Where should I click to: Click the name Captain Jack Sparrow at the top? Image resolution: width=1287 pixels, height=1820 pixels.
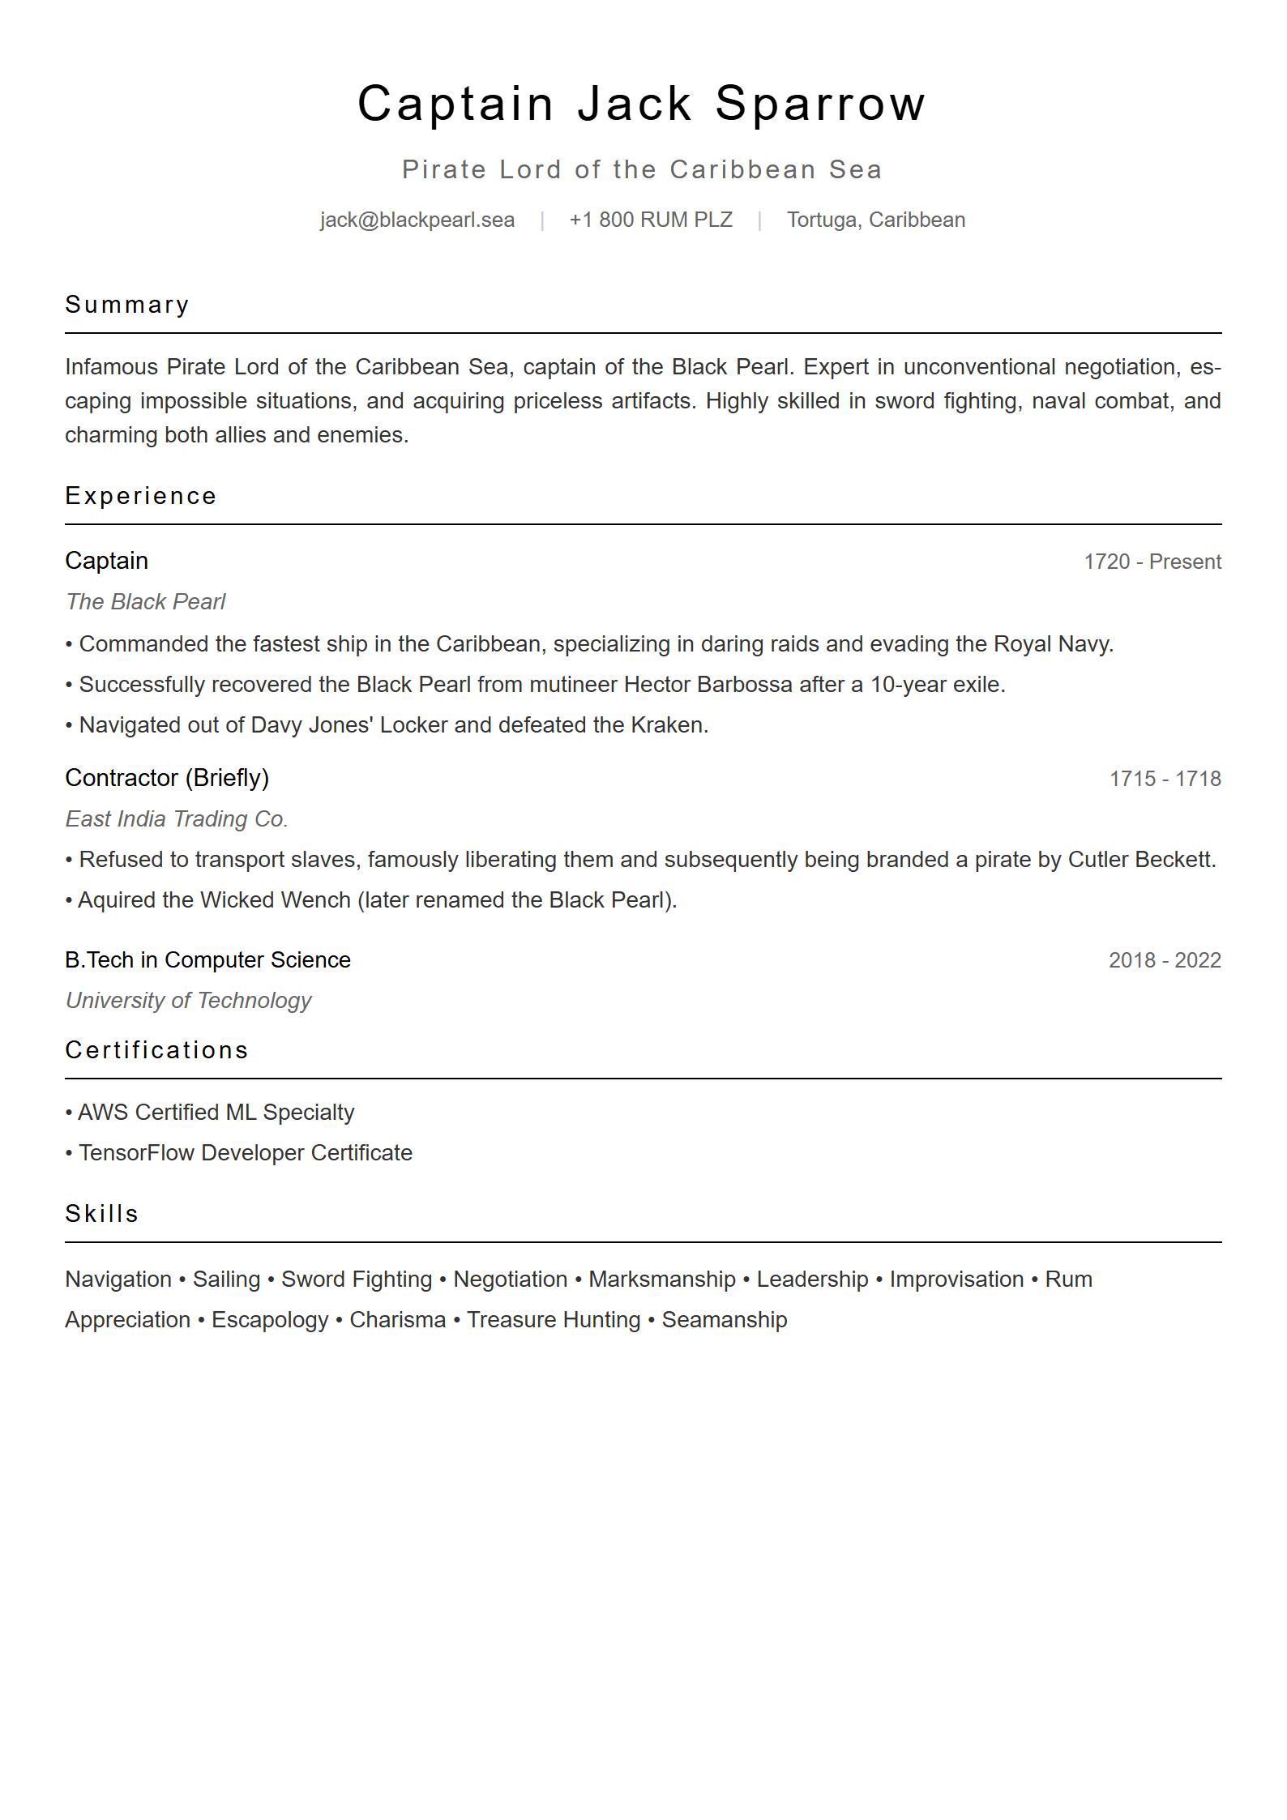[641, 104]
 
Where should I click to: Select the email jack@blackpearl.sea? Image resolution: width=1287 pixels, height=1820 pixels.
[417, 220]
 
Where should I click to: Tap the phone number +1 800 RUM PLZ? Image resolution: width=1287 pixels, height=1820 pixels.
[651, 220]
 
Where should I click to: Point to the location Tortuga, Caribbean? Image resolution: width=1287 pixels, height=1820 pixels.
[876, 220]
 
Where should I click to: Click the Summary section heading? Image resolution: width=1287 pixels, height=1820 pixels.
[127, 305]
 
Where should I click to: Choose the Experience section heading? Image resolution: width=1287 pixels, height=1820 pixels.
[141, 496]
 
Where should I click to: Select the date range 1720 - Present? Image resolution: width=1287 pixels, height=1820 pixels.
[1152, 562]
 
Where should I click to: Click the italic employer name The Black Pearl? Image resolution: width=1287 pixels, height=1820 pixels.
[146, 601]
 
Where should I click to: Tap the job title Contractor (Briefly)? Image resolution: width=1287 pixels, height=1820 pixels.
[167, 778]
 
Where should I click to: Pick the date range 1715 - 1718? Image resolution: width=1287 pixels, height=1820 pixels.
[1165, 779]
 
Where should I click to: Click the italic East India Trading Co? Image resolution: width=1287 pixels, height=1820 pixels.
[177, 818]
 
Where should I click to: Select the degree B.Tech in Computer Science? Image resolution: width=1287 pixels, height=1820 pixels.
[208, 959]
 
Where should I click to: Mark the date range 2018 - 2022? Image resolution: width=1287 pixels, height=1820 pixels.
[1165, 960]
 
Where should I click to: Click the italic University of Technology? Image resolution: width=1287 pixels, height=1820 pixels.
[189, 1000]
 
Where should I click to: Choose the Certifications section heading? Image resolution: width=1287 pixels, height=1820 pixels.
[156, 1050]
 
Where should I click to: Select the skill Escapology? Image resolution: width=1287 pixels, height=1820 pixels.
[270, 1319]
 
